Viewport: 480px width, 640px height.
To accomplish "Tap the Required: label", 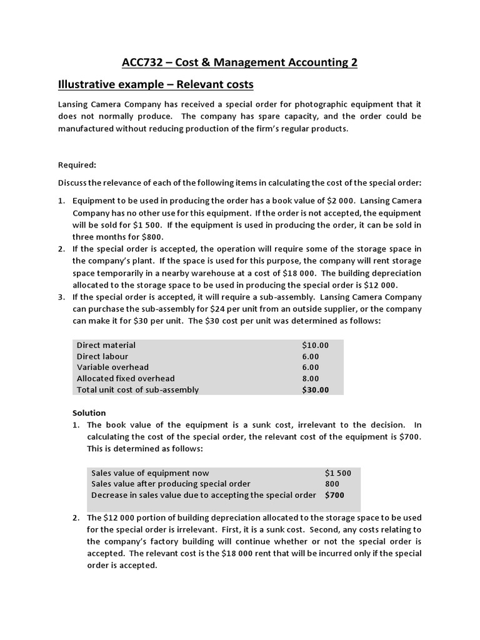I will point(77,165).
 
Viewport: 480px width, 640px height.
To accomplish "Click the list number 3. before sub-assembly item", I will point(62,297).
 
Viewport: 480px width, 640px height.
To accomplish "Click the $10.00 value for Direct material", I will point(315,345).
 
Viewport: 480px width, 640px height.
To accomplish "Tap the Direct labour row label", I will point(102,356).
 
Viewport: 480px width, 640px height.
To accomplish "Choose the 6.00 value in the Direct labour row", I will point(311,356).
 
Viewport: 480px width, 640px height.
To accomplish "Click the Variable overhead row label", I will point(113,367).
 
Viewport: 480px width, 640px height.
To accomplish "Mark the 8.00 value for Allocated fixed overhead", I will point(311,379).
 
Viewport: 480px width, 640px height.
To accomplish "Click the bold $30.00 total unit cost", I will point(315,390).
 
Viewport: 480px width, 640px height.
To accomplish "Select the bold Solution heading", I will point(89,413).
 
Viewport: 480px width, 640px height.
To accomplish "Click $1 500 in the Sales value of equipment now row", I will point(338,473).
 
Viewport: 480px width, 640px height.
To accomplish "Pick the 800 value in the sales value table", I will point(332,484).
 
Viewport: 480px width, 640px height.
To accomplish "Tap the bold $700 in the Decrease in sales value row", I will point(334,495).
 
